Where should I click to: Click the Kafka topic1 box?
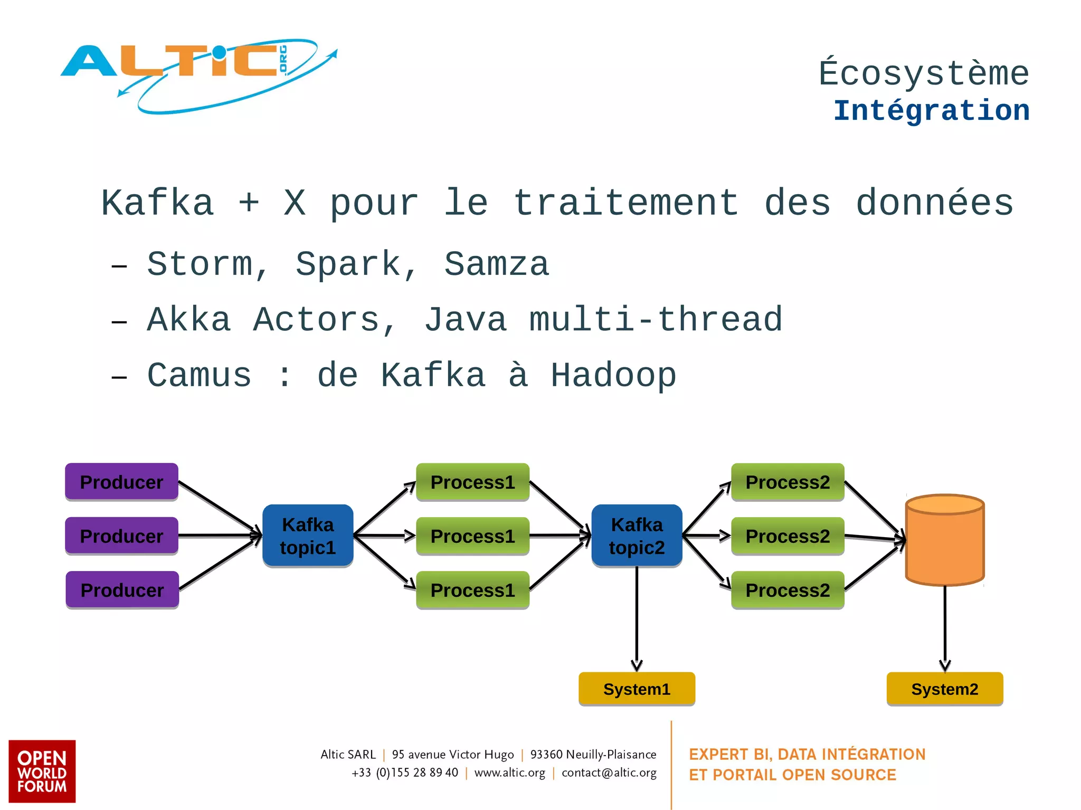pos(308,536)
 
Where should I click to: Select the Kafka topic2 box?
pos(637,536)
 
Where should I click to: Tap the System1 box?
pos(637,689)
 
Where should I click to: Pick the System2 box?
pos(944,689)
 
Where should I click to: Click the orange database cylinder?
pos(944,541)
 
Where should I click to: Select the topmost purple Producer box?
pos(121,482)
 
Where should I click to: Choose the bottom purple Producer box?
pos(122,590)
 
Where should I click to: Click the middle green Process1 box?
pos(472,536)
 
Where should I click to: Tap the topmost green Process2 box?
pos(788,482)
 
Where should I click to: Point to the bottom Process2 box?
pos(788,590)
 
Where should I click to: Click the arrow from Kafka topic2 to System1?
pos(637,617)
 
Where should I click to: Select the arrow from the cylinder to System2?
pos(944,628)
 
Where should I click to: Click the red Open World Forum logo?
pos(42,771)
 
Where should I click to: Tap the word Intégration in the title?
pos(931,111)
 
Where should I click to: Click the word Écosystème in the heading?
pos(924,73)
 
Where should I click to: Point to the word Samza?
pos(496,264)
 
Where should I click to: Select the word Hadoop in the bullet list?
pos(613,376)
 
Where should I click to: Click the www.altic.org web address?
pos(509,773)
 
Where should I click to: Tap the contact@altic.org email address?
pos(609,773)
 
